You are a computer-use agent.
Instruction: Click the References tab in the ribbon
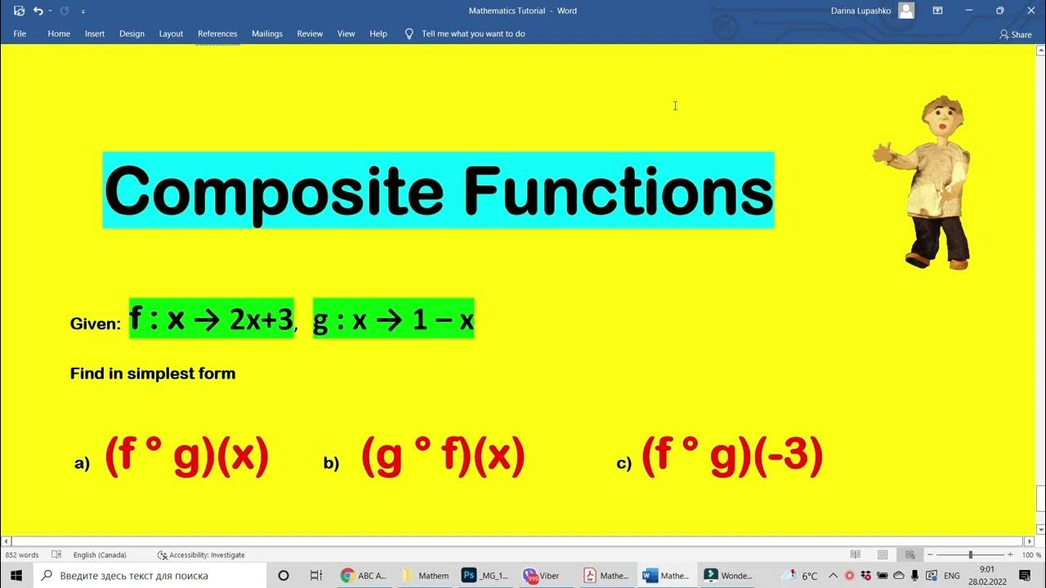pyautogui.click(x=217, y=33)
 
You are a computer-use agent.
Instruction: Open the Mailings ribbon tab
pyautogui.click(x=266, y=33)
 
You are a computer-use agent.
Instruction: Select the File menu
pyautogui.click(x=20, y=33)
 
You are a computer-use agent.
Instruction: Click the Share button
pyautogui.click(x=1016, y=34)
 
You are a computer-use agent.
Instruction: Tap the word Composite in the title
pyautogui.click(x=273, y=191)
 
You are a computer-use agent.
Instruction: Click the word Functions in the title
pyautogui.click(x=618, y=191)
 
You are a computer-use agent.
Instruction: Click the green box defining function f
pyautogui.click(x=211, y=319)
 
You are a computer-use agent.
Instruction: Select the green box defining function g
pyautogui.click(x=393, y=319)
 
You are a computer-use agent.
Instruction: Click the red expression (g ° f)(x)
pyautogui.click(x=442, y=457)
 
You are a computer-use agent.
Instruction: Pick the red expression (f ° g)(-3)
pyautogui.click(x=731, y=457)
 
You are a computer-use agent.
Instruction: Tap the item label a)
pyautogui.click(x=82, y=464)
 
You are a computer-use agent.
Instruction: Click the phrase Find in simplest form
pyautogui.click(x=153, y=373)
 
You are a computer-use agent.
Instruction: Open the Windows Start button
pyautogui.click(x=16, y=575)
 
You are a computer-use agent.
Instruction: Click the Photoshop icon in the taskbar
pyautogui.click(x=469, y=575)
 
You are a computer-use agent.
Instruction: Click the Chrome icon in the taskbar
pyautogui.click(x=347, y=575)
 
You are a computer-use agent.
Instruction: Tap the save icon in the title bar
pyautogui.click(x=19, y=11)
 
